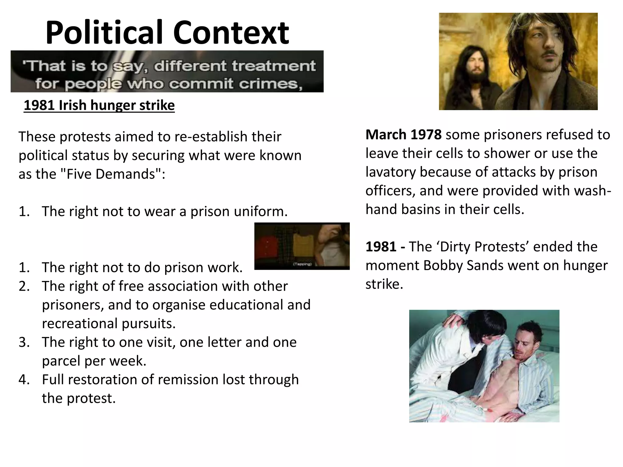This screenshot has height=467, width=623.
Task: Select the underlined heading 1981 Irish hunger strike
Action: point(99,106)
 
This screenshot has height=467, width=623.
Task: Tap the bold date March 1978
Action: point(403,135)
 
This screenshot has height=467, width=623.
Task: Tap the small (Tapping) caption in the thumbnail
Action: point(302,264)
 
